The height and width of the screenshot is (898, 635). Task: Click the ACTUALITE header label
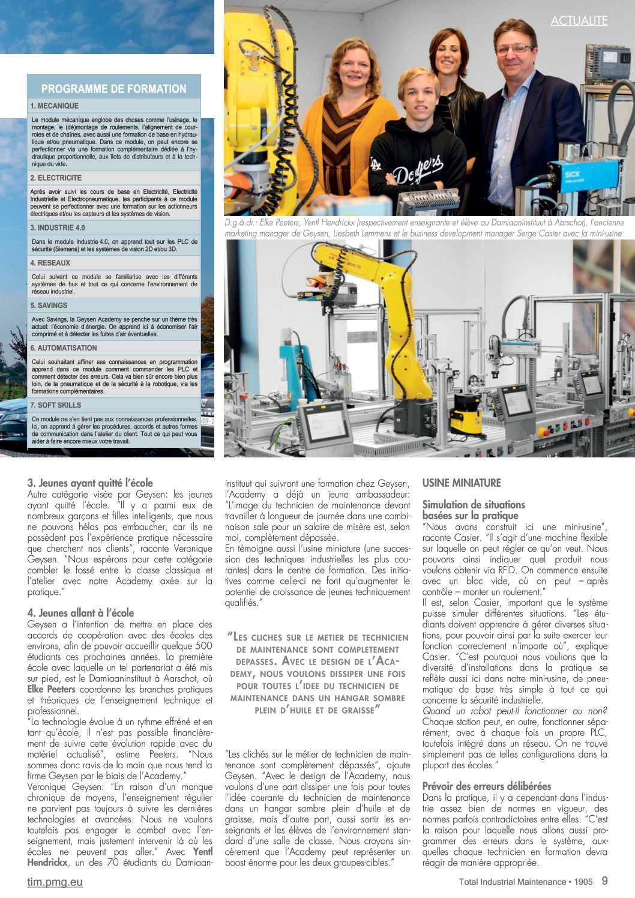tap(579, 21)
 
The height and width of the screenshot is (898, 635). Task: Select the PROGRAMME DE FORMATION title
tap(114, 89)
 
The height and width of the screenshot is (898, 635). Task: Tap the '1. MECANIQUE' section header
tap(55, 106)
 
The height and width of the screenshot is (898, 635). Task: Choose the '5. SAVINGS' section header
tap(49, 306)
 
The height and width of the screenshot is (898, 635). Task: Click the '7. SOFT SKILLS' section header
tap(56, 405)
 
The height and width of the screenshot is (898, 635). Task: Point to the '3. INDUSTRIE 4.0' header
tap(58, 228)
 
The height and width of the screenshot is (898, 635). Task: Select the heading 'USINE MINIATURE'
tap(462, 483)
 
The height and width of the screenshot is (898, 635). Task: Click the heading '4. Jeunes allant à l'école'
tap(80, 613)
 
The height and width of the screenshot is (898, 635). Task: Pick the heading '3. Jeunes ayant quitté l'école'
tap(90, 483)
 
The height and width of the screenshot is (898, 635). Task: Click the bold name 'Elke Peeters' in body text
tap(52, 689)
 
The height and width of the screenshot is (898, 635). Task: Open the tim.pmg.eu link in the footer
tap(55, 882)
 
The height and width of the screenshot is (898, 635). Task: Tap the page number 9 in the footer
tap(604, 881)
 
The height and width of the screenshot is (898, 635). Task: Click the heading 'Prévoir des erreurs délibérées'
tap(487, 786)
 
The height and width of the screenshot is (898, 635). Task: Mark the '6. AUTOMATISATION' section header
tap(64, 348)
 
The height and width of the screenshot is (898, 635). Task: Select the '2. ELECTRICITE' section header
tap(56, 178)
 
